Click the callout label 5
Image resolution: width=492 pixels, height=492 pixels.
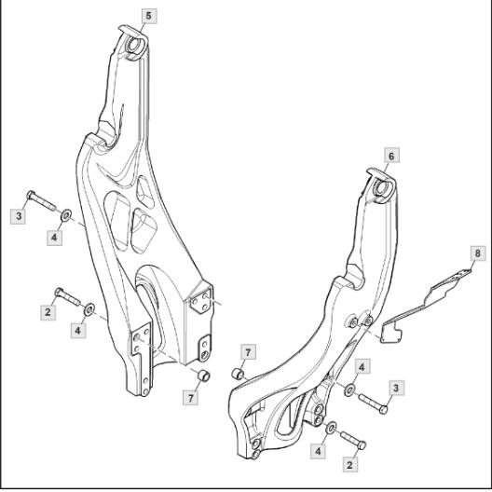click(149, 16)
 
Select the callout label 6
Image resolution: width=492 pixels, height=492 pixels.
click(391, 156)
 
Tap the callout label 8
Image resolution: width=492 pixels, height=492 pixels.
click(478, 253)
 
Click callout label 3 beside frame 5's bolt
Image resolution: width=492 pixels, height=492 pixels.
click(19, 216)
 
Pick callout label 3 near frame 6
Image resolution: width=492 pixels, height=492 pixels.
click(396, 389)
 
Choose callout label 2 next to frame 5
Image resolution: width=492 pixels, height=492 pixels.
click(48, 312)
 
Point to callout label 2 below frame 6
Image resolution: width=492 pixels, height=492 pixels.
click(349, 465)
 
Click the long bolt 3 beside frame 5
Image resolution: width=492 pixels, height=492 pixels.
click(42, 200)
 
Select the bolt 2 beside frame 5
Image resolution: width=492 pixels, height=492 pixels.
click(68, 296)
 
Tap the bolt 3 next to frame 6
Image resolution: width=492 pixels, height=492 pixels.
click(373, 403)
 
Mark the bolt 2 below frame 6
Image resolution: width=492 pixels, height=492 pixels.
click(353, 440)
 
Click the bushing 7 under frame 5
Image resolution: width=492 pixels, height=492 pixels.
click(203, 376)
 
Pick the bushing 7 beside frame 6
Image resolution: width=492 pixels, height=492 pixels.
click(239, 374)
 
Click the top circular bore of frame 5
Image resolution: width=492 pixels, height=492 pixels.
click(133, 45)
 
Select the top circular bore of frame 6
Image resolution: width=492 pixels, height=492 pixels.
click(382, 187)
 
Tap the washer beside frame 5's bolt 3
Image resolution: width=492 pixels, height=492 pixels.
click(66, 215)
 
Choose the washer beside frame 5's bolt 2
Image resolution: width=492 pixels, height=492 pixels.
click(89, 309)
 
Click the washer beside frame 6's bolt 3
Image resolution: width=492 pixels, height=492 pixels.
click(349, 389)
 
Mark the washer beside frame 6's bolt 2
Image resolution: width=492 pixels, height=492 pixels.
click(331, 428)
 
